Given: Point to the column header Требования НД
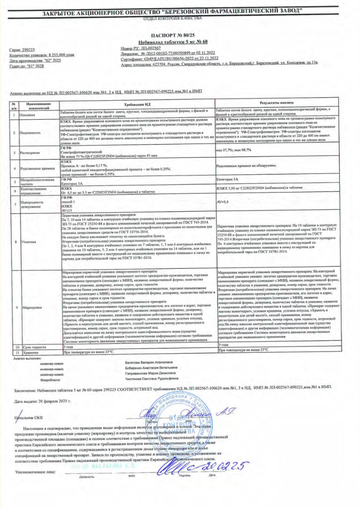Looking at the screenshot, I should [134, 104].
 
